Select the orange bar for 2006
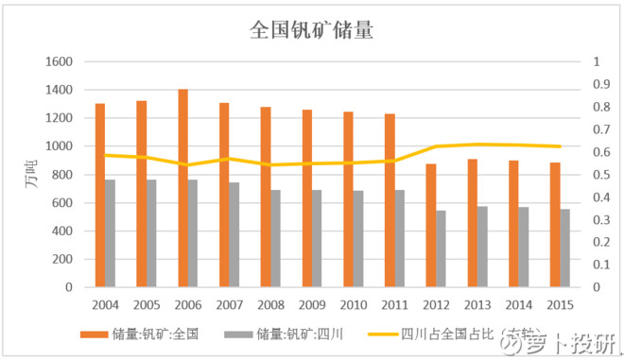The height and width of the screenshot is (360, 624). coord(182,188)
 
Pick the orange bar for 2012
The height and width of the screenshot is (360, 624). coord(430,225)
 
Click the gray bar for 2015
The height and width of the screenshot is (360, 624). coord(564,248)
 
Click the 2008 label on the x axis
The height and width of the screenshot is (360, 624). coord(270,305)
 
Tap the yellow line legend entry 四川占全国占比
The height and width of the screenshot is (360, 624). coord(444,334)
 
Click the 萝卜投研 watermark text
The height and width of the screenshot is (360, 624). coord(571,343)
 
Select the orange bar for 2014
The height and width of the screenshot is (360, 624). coord(512,223)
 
